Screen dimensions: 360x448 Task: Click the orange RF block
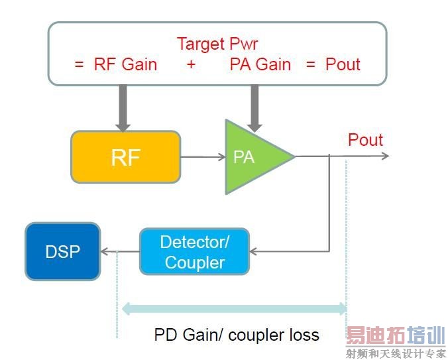[x=125, y=156]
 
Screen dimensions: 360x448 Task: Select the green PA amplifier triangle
[x=251, y=157]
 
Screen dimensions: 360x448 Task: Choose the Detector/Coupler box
[x=194, y=251]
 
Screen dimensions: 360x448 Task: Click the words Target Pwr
[x=217, y=44]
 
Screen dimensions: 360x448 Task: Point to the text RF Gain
[x=126, y=64]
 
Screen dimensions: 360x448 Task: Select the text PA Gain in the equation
[x=260, y=64]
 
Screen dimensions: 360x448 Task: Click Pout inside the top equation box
[x=343, y=64]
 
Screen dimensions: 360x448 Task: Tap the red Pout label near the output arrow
[x=365, y=140]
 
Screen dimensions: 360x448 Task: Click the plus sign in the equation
[x=191, y=65]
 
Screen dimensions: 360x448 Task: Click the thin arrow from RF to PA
[x=203, y=157]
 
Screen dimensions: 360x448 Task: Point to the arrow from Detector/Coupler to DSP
[x=119, y=251]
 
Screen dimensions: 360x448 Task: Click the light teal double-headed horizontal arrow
[x=235, y=308]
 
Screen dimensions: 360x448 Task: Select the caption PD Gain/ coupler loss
[x=237, y=335]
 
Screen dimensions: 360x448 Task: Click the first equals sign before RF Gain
[x=79, y=65]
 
